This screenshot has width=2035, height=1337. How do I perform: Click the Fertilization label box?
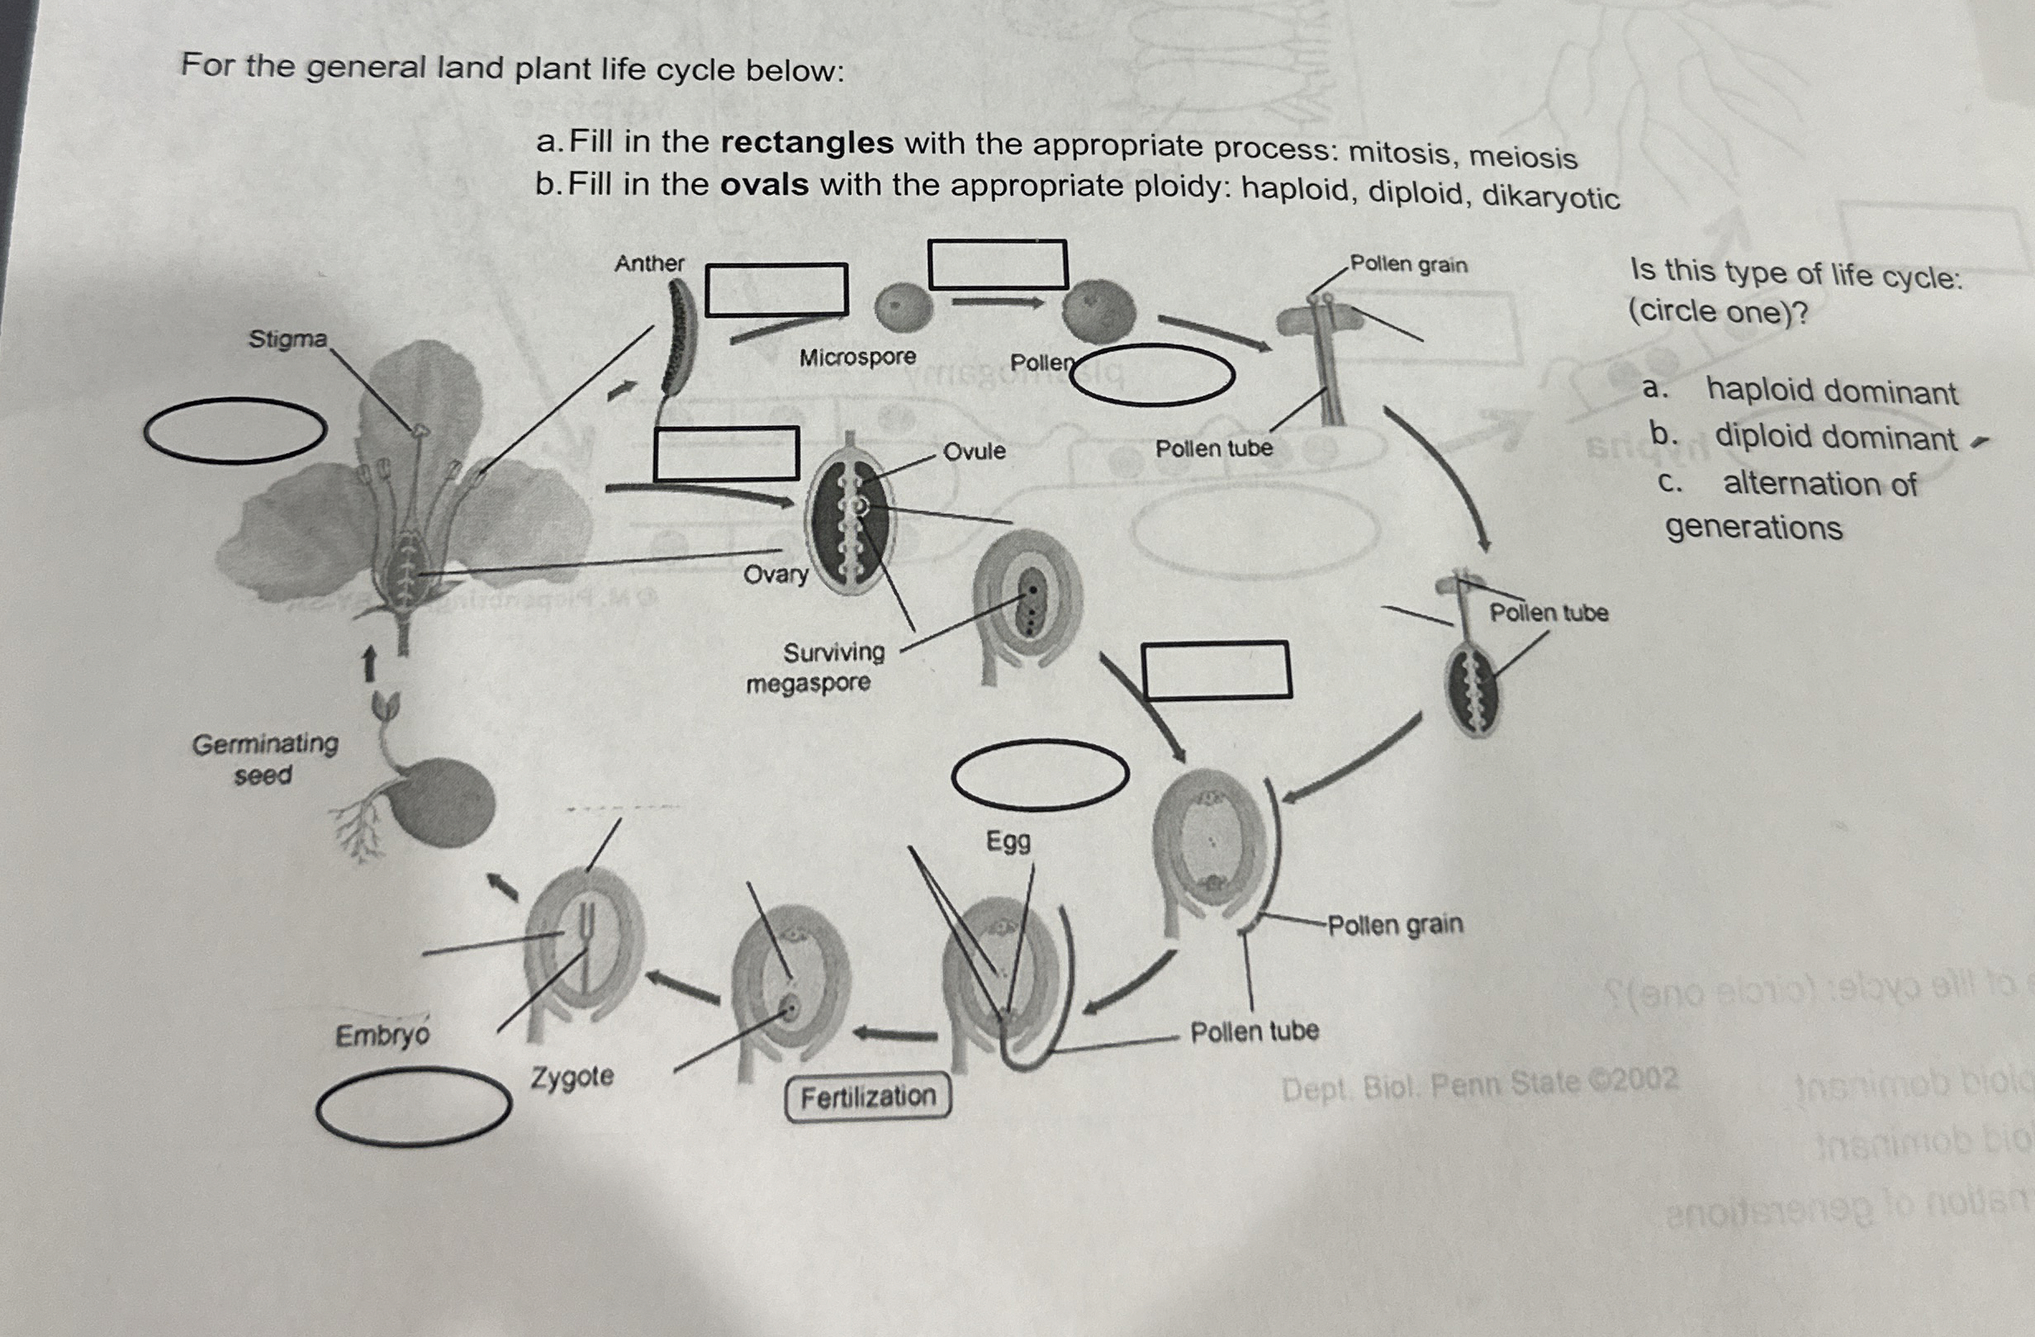[x=867, y=1096]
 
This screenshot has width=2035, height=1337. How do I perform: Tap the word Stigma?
[x=287, y=339]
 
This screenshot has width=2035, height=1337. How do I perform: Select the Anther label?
[x=649, y=263]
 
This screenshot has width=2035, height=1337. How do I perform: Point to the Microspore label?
[x=856, y=358]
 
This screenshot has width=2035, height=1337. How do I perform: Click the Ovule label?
[x=974, y=451]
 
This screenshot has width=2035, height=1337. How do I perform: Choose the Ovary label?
[x=775, y=574]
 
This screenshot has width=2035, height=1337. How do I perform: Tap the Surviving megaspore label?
[x=817, y=667]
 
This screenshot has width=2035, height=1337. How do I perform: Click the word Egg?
[x=1008, y=842]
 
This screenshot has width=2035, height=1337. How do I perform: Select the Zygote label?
[x=572, y=1076]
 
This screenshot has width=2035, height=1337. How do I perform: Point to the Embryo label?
[x=382, y=1036]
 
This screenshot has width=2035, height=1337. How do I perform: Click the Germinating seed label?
[x=264, y=759]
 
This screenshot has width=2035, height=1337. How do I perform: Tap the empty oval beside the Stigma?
[x=235, y=431]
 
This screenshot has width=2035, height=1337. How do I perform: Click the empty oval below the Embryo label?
[x=413, y=1107]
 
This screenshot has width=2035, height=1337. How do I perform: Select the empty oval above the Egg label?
[x=1040, y=775]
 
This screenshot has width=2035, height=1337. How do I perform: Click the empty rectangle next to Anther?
[x=776, y=290]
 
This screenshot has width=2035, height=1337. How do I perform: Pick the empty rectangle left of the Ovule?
[x=726, y=453]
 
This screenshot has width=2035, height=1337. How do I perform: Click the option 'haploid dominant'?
[x=1831, y=391]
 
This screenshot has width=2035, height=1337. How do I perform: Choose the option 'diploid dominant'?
[x=1835, y=438]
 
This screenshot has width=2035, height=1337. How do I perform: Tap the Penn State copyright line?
[x=1479, y=1085]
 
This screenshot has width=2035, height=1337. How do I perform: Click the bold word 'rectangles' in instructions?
[x=806, y=143]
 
